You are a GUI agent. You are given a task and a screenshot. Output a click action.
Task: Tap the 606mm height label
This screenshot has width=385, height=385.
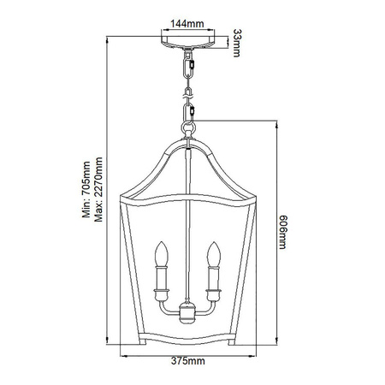coord(285,231)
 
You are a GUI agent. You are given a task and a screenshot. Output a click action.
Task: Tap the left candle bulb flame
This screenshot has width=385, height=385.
coord(159,254)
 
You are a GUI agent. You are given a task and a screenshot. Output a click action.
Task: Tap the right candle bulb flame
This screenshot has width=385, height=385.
coord(215,254)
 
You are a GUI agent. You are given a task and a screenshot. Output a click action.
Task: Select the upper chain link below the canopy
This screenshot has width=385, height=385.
coord(189,64)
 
